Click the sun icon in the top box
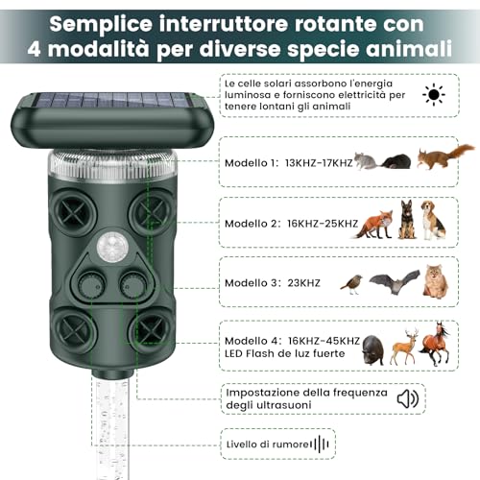click(434, 96)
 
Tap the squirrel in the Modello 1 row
click(446, 156)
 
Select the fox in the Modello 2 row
click(373, 224)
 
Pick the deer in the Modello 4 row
click(403, 347)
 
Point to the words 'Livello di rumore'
click(266, 444)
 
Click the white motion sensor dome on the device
click(109, 245)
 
